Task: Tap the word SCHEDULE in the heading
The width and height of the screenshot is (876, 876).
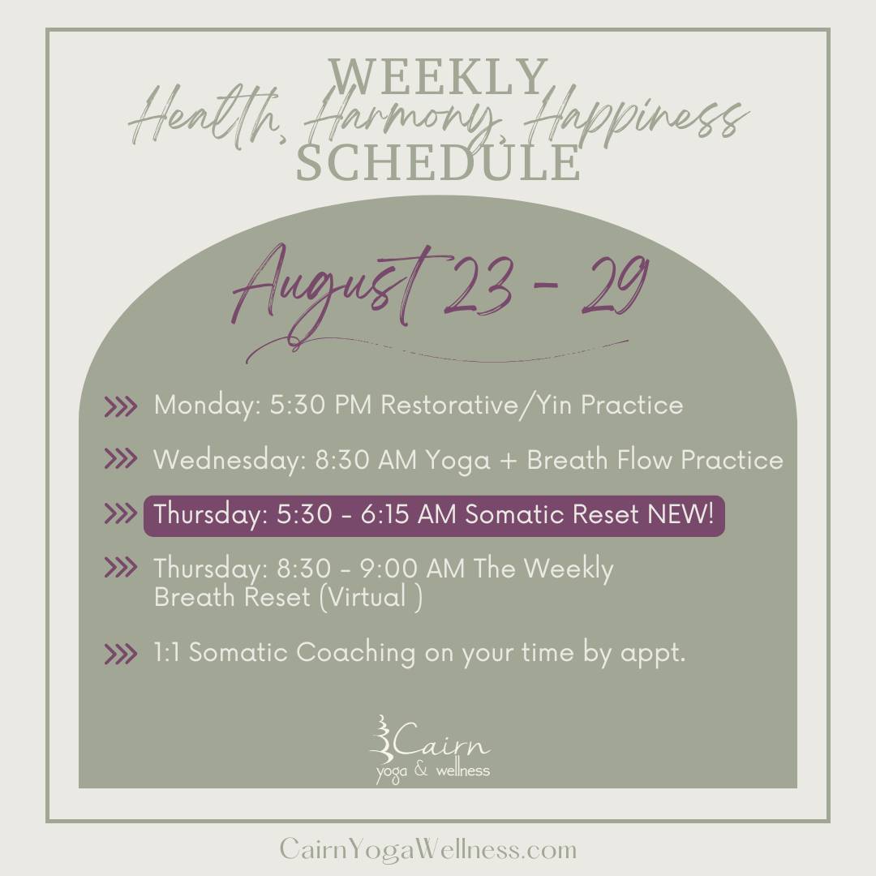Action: (x=438, y=162)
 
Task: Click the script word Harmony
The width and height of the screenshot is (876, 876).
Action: (x=401, y=118)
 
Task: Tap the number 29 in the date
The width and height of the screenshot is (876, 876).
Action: (x=616, y=284)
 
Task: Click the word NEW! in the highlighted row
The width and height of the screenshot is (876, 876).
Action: (x=681, y=514)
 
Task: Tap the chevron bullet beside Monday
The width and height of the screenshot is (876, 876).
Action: (x=120, y=406)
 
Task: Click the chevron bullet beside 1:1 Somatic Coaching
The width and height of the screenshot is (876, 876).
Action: (x=120, y=654)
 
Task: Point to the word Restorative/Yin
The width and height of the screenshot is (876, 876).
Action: (x=475, y=406)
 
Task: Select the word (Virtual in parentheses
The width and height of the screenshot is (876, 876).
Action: (x=363, y=597)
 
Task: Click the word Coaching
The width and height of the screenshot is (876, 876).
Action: (x=355, y=653)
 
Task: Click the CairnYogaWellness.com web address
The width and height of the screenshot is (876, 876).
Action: (x=428, y=849)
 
